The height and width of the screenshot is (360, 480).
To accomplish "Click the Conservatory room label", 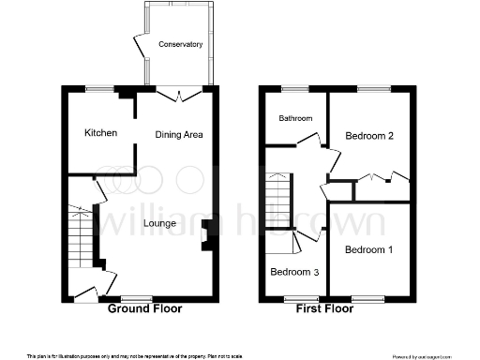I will coord(180,44).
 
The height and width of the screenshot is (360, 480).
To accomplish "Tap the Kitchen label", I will coord(100,133).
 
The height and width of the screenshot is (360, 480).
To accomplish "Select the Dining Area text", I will coord(179,135).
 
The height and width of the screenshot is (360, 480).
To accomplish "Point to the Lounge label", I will coord(159,223).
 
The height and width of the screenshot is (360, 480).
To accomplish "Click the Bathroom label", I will coord(293,118).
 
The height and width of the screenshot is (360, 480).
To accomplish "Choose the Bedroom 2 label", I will coord(368,136).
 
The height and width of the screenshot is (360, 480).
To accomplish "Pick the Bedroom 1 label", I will coord(367,250).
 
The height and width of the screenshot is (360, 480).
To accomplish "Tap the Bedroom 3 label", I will coord(293,272).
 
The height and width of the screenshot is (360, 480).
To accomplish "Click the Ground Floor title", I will coord(145,308).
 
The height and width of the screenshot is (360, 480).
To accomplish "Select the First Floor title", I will coord(329,308).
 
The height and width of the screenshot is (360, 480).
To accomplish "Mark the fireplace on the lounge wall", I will coord(209,234).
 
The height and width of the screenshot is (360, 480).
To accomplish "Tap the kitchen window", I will coord(98,89).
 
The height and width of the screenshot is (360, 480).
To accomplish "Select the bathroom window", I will coord(295,89).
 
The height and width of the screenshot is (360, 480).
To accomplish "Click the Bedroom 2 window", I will coord(374,89).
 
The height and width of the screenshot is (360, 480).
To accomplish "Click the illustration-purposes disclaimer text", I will coord(135,354).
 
